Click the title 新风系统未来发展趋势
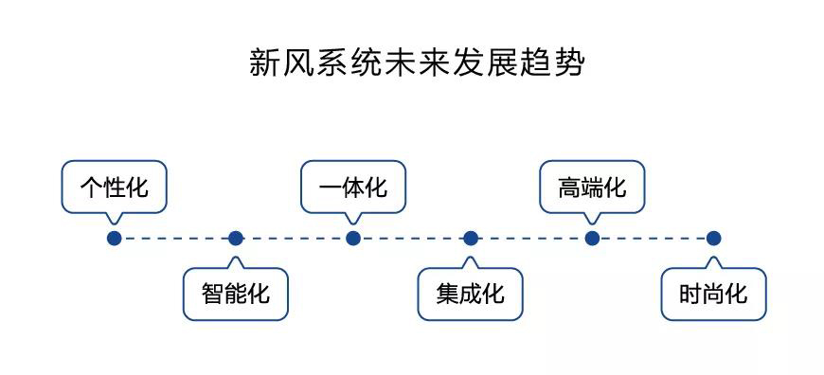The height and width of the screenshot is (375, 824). (416, 63)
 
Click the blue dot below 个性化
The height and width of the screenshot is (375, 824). (114, 239)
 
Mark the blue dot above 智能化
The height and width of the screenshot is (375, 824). (236, 239)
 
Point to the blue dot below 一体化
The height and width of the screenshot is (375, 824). (353, 239)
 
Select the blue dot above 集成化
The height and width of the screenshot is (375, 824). (471, 239)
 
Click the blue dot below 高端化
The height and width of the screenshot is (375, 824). (592, 239)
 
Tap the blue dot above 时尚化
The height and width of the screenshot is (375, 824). (713, 239)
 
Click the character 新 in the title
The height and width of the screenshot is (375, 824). (263, 63)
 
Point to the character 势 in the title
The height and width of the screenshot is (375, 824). (569, 63)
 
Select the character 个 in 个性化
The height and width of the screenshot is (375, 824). (91, 187)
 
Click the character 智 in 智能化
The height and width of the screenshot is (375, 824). (212, 293)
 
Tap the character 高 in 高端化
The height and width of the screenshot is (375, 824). (569, 187)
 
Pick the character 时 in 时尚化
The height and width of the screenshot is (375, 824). (690, 293)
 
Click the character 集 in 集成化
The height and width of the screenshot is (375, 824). (447, 293)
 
